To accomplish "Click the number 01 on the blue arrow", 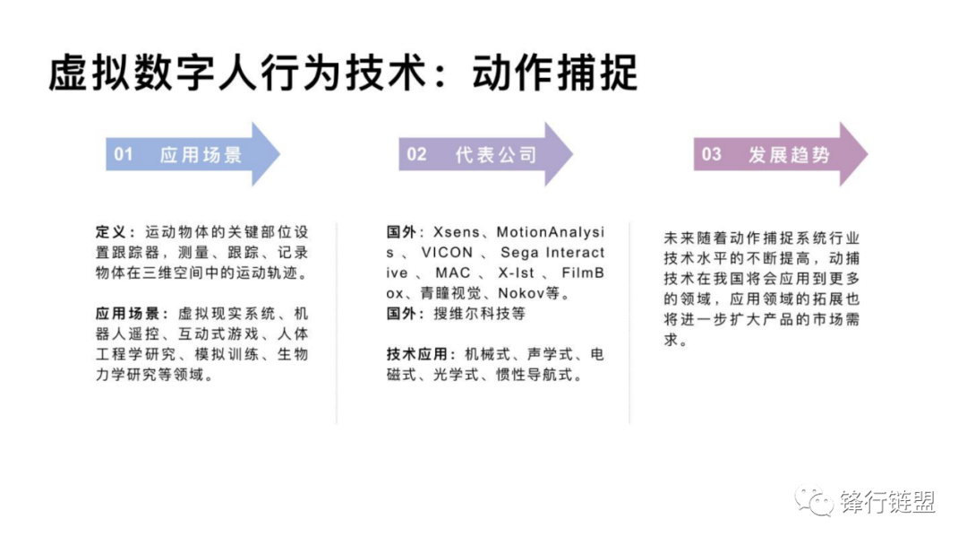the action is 124,154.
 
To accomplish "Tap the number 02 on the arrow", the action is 417,154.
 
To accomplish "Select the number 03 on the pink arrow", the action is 711,154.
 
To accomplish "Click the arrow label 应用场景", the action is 201,155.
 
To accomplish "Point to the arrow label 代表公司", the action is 495,155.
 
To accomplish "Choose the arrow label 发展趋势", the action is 789,155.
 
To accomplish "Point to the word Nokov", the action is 519,293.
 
